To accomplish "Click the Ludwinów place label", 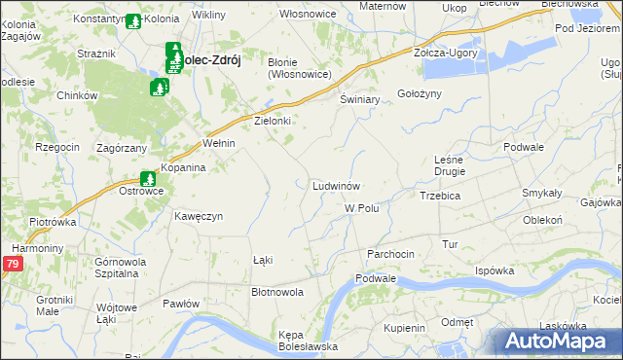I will pyautogui.click(x=337, y=185).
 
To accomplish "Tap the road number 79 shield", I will pyautogui.click(x=12, y=264).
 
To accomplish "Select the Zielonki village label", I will pyautogui.click(x=273, y=122).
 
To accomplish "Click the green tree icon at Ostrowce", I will pyautogui.click(x=148, y=179).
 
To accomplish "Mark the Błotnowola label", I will pyautogui.click(x=277, y=291).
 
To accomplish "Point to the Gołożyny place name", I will pyautogui.click(x=420, y=93).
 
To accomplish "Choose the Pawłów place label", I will pyautogui.click(x=181, y=304).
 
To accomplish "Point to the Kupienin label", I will pyautogui.click(x=404, y=328).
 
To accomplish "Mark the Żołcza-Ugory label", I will pyautogui.click(x=446, y=53).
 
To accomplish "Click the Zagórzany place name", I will pyautogui.click(x=122, y=148).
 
